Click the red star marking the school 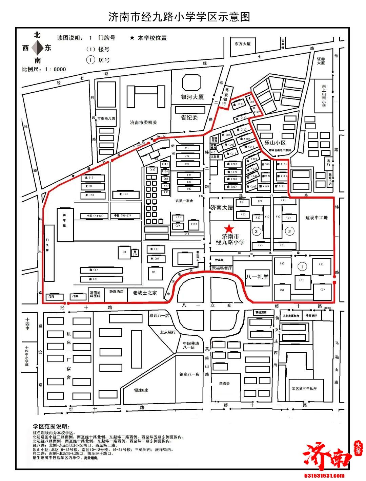[x=229, y=228]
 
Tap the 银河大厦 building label [x=192, y=97]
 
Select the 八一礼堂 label [x=257, y=277]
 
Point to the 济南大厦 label [x=221, y=207]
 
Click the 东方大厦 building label [x=242, y=44]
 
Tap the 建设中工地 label [x=316, y=218]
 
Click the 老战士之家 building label [x=145, y=293]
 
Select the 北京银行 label [x=167, y=332]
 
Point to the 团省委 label [x=224, y=384]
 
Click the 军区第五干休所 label [x=304, y=389]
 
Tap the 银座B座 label [x=141, y=390]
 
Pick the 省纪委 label [x=189, y=117]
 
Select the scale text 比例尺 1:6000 [x=44, y=69]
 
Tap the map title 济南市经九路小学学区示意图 [x=179, y=17]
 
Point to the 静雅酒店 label [x=116, y=291]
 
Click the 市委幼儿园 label [x=106, y=118]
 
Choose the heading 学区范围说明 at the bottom [x=51, y=426]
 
